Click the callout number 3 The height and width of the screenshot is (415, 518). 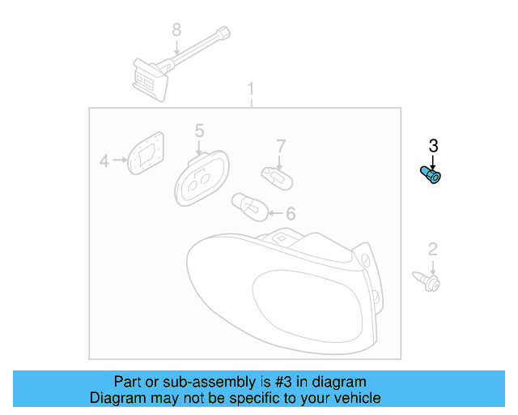433,146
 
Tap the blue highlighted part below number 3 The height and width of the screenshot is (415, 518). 432,174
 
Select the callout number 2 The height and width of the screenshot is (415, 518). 432,249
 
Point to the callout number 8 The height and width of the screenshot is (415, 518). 176,30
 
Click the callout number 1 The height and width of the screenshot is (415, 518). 251,88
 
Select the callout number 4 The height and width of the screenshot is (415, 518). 104,161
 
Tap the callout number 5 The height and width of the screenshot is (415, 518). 199,130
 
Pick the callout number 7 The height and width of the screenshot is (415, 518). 281,146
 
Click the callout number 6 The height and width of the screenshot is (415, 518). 290,214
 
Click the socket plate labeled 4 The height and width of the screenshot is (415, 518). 147,154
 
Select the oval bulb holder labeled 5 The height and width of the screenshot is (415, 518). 202,177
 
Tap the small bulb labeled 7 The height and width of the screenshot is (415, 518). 274,174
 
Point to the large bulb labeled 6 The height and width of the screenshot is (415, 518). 248,206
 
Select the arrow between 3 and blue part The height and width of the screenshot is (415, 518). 433,160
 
